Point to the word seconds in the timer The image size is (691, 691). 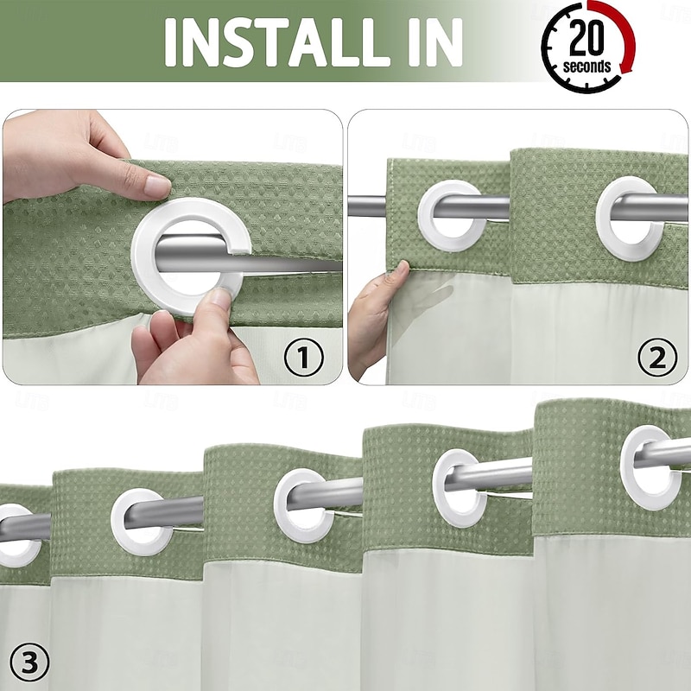pyautogui.click(x=587, y=67)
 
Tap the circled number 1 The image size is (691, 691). pyautogui.click(x=304, y=356)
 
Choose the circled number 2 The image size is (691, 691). pyautogui.click(x=657, y=356)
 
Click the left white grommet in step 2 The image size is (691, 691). pyautogui.click(x=452, y=215)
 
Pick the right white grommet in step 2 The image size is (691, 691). pyautogui.click(x=631, y=218)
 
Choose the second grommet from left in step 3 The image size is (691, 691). pyautogui.click(x=142, y=521)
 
